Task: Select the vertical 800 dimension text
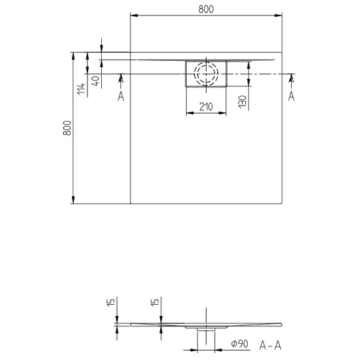pyautogui.click(x=68, y=128)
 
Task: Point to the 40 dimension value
pyautogui.click(x=95, y=81)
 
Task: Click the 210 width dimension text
pyautogui.click(x=206, y=107)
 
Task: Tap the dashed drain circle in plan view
pyautogui.click(x=206, y=74)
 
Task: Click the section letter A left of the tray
pyautogui.click(x=120, y=95)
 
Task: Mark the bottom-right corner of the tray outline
pyautogui.click(x=283, y=204)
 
